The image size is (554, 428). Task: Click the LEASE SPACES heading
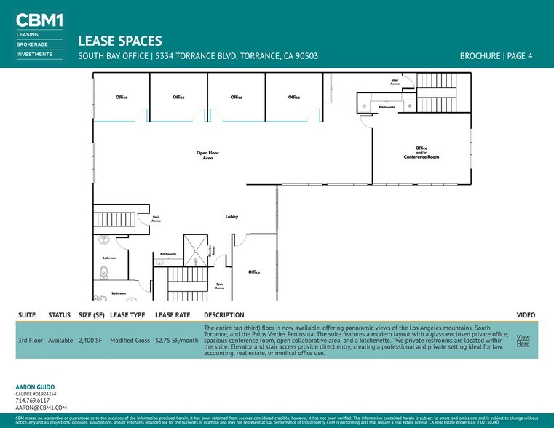pyautogui.click(x=119, y=41)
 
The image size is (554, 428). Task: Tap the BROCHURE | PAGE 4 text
pyautogui.click(x=496, y=56)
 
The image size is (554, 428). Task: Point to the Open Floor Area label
pyautogui.click(x=207, y=155)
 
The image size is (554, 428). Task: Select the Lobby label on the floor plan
pyautogui.click(x=232, y=217)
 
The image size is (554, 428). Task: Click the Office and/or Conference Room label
pyautogui.click(x=421, y=153)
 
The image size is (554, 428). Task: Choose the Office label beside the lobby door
pyautogui.click(x=253, y=272)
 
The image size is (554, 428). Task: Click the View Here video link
pyautogui.click(x=523, y=341)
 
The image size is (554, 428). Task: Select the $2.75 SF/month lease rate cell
pyautogui.click(x=177, y=341)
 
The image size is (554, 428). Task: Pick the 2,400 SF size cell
pyautogui.click(x=92, y=341)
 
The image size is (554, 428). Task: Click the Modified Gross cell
pyautogui.click(x=130, y=341)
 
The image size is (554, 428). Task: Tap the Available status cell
pyautogui.click(x=60, y=341)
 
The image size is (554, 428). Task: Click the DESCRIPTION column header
pyautogui.click(x=224, y=315)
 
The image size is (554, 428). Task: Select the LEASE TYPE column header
pyautogui.click(x=127, y=315)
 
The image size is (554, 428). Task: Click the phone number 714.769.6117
pyautogui.click(x=33, y=400)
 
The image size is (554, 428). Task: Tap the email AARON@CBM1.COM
pyautogui.click(x=41, y=408)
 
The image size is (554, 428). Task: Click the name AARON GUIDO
pyautogui.click(x=35, y=387)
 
